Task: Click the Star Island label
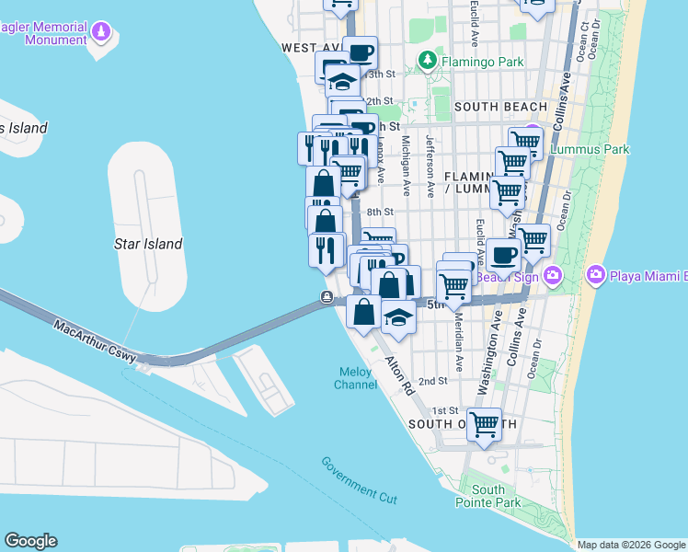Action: pos(148,244)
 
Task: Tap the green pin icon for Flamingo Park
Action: pos(427,62)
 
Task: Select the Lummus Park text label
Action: pos(589,148)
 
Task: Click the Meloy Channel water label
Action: pos(356,378)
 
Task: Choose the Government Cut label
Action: pos(359,479)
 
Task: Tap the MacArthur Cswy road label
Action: pos(95,341)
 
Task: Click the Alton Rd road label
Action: pos(400,375)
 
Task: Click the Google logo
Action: pos(30,541)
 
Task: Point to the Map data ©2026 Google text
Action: pos(630,545)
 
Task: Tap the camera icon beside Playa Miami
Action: pos(596,274)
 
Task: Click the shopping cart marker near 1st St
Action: pos(484,424)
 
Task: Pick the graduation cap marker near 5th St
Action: pos(398,316)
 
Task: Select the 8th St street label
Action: pos(381,212)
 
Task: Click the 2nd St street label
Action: pos(432,381)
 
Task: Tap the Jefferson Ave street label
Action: pos(430,167)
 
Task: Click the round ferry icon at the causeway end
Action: pos(327,296)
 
